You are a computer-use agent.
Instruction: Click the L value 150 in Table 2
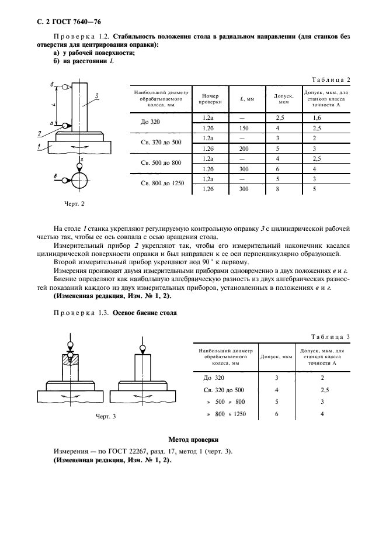pos(244,128)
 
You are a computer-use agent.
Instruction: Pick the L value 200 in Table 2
pos(244,148)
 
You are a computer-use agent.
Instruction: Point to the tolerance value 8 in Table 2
pos(279,189)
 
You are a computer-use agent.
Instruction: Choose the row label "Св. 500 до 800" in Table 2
pos(161,164)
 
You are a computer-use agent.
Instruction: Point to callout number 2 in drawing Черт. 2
pos(39,134)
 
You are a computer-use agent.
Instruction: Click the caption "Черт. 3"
pos(106,416)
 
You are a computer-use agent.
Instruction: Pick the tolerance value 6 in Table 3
pos(277,414)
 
